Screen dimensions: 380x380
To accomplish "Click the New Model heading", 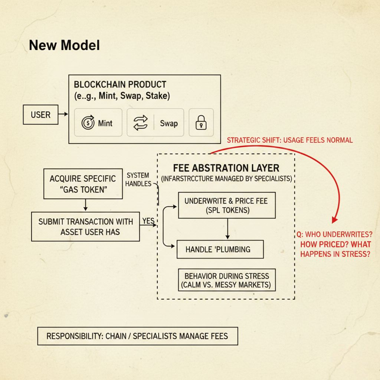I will (64, 45).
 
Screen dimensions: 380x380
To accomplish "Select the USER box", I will (40, 115).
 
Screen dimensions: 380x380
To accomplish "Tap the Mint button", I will (98, 123).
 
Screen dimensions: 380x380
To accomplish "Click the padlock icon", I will (201, 123).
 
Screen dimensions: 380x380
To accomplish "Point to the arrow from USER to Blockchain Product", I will (63, 115).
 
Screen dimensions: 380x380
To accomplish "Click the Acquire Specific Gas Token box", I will (82, 183).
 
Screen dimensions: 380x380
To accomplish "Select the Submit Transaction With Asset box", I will (85, 226).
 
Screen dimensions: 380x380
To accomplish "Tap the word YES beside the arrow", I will (148, 220).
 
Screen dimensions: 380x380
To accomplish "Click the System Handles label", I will (138, 179).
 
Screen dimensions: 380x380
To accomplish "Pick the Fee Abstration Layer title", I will (226, 167).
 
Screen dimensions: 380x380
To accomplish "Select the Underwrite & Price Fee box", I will (227, 205).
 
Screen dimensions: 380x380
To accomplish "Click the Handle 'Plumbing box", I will (220, 249).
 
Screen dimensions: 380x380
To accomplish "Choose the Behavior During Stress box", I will (226, 281).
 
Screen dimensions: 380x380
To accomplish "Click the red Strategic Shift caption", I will (289, 140).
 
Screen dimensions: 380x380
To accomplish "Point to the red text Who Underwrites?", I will (335, 235).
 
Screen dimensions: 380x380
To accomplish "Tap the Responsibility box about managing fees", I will (137, 336).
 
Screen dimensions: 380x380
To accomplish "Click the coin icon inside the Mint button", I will (88, 123).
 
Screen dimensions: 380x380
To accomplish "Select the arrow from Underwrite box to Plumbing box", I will (227, 229).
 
